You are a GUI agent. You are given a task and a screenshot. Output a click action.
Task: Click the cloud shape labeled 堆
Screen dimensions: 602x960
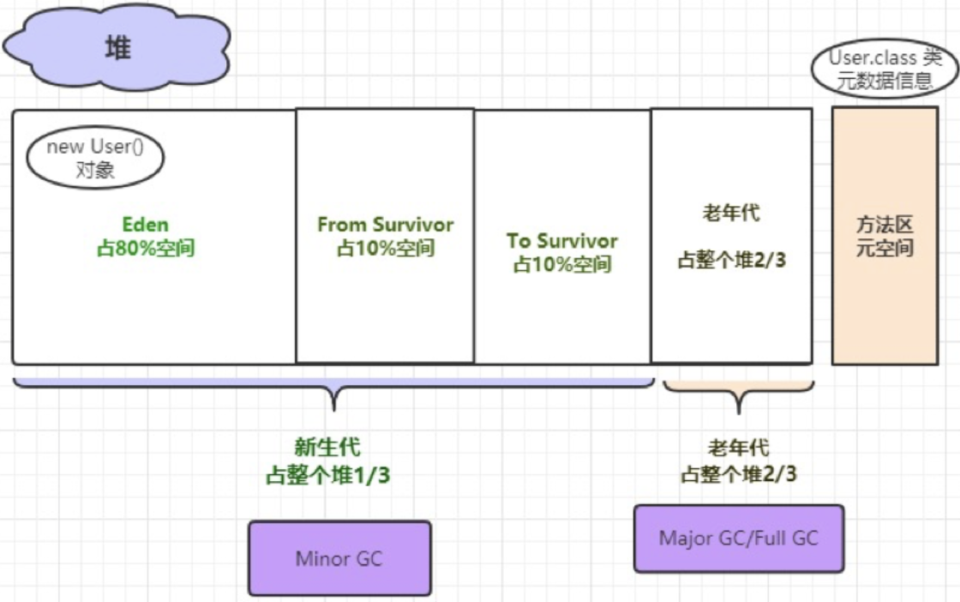pyautogui.click(x=117, y=48)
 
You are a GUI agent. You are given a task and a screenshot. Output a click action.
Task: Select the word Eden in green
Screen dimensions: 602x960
pyautogui.click(x=145, y=226)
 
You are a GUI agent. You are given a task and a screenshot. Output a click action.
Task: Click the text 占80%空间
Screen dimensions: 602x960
pyautogui.click(x=145, y=250)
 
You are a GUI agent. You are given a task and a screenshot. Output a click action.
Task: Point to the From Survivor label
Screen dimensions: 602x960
pyautogui.click(x=385, y=225)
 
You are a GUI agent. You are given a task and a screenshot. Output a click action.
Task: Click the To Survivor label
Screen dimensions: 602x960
pyautogui.click(x=561, y=241)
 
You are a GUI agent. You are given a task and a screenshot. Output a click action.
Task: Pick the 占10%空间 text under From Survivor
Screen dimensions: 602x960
pyautogui.click(x=385, y=249)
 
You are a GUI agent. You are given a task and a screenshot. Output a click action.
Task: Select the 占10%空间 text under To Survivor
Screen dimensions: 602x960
pyautogui.click(x=561, y=264)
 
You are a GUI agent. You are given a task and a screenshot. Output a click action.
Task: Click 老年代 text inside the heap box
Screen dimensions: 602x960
pyautogui.click(x=730, y=214)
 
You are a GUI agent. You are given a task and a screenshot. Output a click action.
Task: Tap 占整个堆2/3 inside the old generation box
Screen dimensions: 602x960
pyautogui.click(x=731, y=260)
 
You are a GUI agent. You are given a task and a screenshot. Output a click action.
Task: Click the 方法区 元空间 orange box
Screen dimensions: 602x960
pyautogui.click(x=885, y=236)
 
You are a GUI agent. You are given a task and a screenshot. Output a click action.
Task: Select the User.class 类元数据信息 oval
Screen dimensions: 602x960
pyautogui.click(x=885, y=70)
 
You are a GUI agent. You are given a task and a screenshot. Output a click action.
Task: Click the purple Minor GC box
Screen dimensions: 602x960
pyautogui.click(x=339, y=558)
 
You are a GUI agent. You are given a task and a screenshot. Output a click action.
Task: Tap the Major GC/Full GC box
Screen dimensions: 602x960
pyautogui.click(x=738, y=539)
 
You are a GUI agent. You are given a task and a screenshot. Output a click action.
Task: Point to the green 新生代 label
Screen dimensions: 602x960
pyautogui.click(x=327, y=447)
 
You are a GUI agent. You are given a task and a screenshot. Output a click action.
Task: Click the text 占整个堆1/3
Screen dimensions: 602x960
pyautogui.click(x=327, y=476)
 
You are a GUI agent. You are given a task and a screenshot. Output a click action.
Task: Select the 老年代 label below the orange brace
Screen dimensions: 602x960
pyautogui.click(x=738, y=448)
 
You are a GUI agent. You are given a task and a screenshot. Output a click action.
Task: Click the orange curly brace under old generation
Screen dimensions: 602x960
pyautogui.click(x=738, y=395)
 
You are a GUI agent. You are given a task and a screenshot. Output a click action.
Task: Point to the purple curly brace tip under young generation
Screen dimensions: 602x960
pyautogui.click(x=333, y=403)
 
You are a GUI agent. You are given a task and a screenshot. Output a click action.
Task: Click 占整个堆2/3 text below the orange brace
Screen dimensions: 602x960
pyautogui.click(x=738, y=474)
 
